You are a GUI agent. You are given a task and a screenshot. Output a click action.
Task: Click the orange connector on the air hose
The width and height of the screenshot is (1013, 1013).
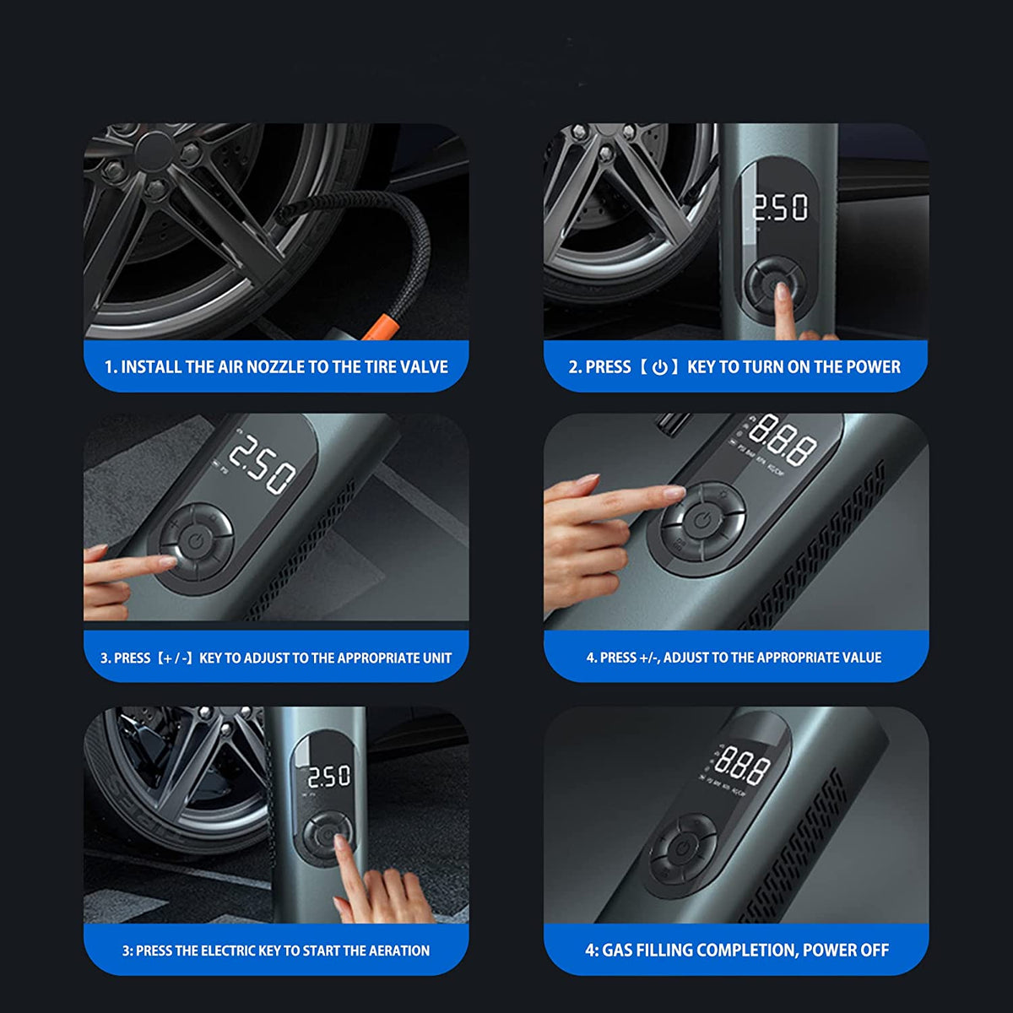click(x=382, y=327)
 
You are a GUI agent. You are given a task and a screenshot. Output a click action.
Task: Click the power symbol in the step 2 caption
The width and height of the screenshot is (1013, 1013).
click(x=660, y=367)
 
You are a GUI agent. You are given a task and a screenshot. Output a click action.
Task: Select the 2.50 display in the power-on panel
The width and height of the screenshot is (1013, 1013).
click(x=780, y=208)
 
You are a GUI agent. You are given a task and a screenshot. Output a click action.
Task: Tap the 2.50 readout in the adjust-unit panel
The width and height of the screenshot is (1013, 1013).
click(x=262, y=464)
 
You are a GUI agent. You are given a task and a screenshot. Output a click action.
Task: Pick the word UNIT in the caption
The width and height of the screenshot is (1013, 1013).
click(x=438, y=658)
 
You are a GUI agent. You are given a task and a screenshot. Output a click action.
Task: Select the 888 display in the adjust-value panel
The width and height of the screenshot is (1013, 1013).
click(x=783, y=441)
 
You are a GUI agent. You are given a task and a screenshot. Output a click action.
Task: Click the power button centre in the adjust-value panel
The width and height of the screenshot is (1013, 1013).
click(x=702, y=522)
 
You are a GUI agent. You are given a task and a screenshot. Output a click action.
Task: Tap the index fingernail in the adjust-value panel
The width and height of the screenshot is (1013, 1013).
click(x=674, y=492)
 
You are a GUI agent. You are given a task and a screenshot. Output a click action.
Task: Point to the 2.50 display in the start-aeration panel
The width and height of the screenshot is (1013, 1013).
click(x=329, y=777)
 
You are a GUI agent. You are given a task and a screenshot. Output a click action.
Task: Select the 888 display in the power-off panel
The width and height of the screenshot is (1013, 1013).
click(x=741, y=765)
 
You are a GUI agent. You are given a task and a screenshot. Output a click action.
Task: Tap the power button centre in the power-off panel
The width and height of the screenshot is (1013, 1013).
click(x=683, y=848)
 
